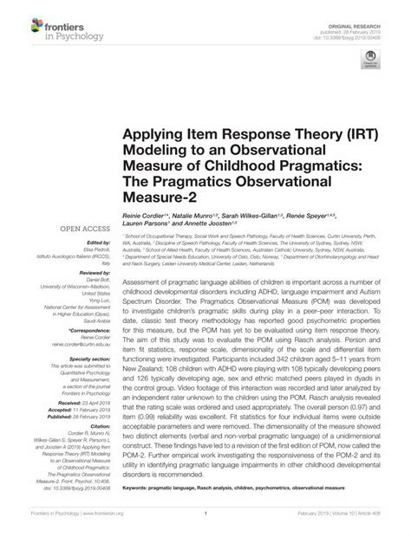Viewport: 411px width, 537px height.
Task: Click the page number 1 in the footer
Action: tap(205, 526)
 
